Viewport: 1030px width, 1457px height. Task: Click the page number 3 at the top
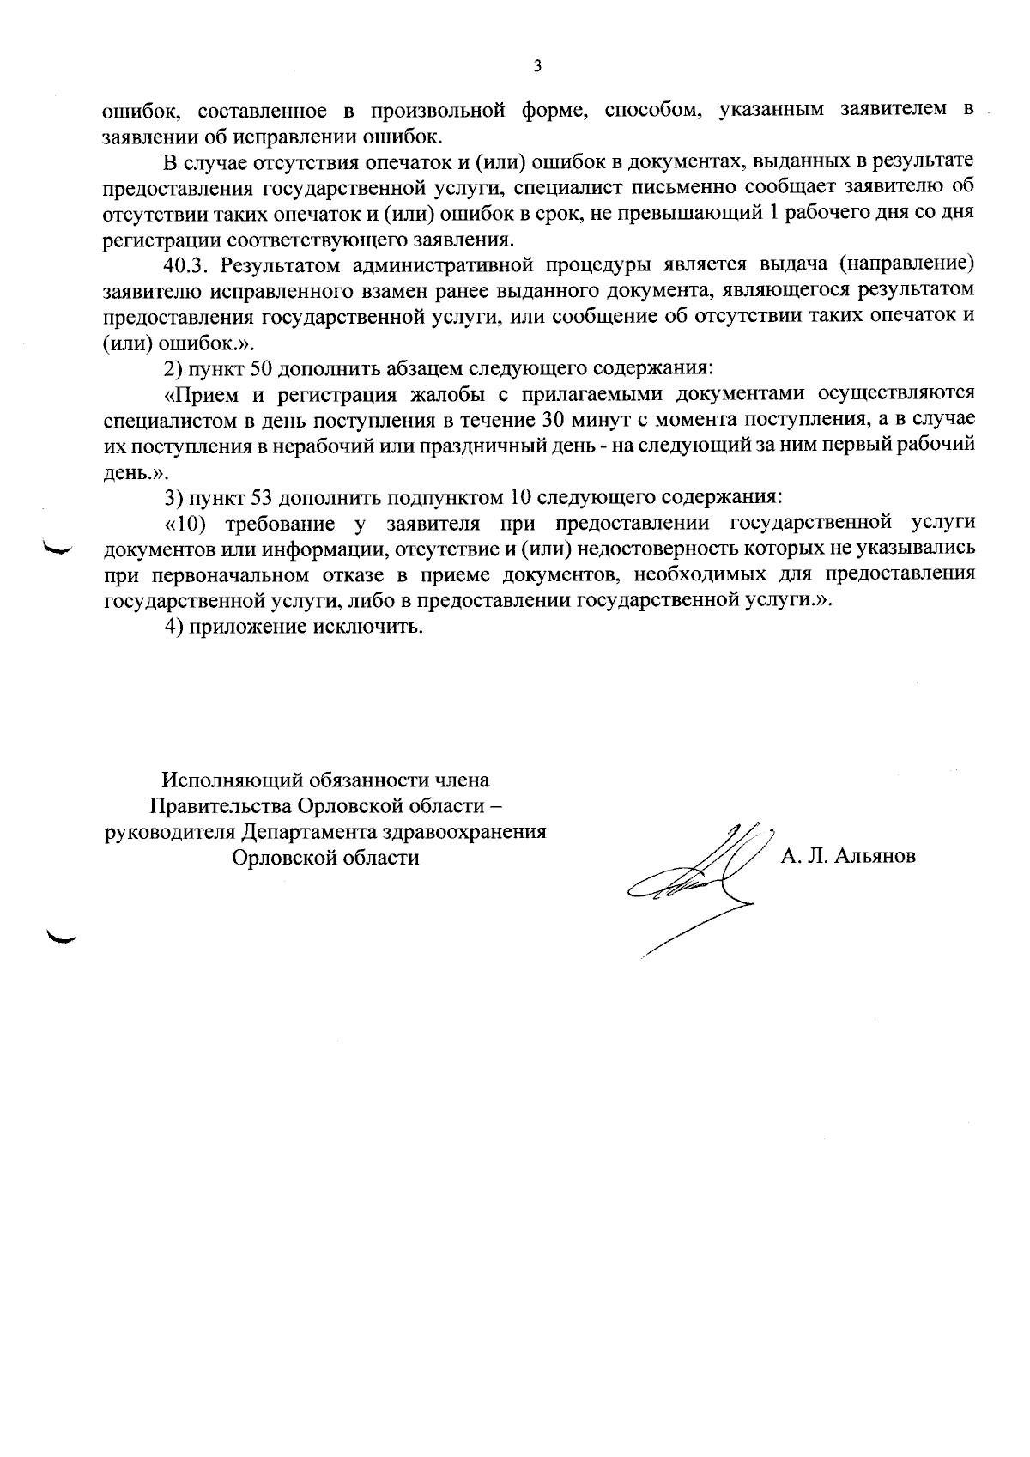click(537, 65)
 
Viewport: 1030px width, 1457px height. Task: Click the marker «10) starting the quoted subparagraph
click(187, 523)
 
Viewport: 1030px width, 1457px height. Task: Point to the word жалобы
click(446, 394)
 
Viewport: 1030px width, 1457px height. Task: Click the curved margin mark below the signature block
click(61, 937)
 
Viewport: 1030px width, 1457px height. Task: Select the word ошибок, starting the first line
click(139, 109)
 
